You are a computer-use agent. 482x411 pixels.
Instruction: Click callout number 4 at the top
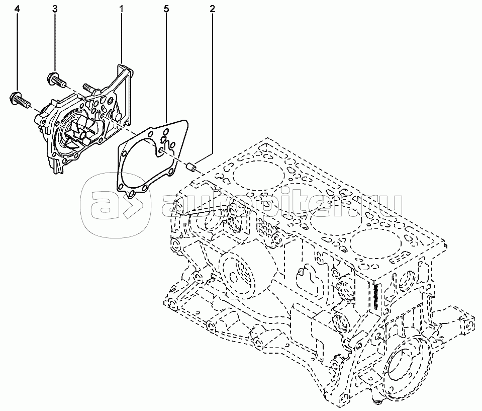(17, 9)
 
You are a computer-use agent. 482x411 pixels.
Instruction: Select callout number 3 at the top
(55, 9)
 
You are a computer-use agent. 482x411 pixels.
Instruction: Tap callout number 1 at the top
(122, 9)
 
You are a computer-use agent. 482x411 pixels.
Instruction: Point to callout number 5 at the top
(166, 9)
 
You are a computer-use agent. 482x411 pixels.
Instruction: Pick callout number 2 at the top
(213, 9)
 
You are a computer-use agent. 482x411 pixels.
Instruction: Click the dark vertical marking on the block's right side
(375, 297)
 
